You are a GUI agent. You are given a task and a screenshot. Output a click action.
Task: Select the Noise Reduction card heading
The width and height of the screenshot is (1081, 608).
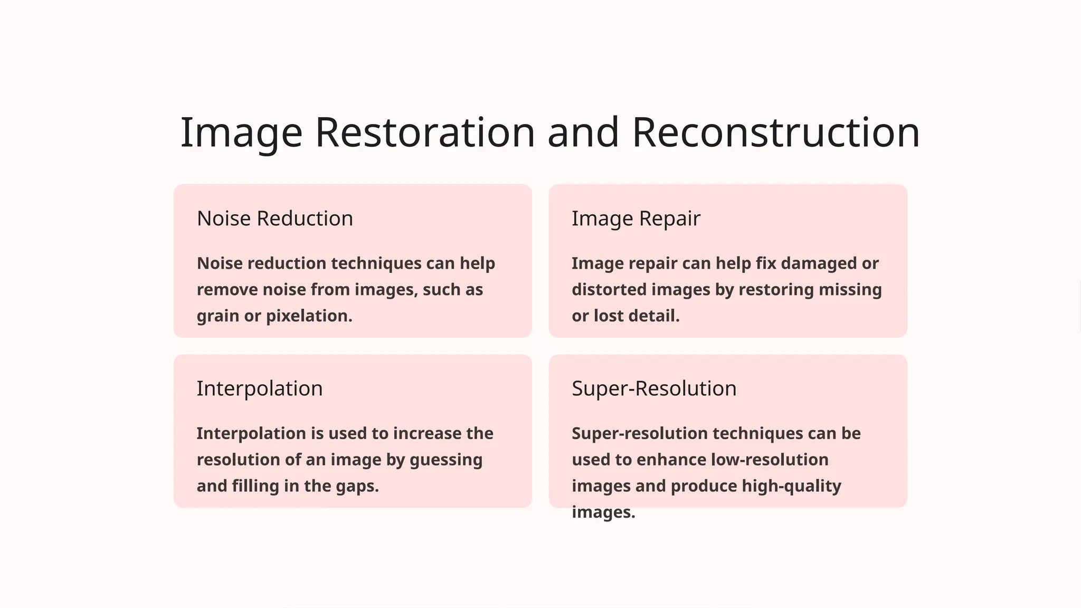[274, 218]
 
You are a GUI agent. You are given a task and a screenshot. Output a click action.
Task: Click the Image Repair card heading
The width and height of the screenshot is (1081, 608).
[636, 218]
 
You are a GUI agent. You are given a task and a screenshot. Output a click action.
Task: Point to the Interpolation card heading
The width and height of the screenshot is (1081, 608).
[259, 388]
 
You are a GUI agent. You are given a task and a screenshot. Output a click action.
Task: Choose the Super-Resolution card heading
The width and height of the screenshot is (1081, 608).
[653, 388]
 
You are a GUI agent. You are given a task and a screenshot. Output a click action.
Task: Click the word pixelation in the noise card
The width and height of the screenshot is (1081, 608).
[309, 316]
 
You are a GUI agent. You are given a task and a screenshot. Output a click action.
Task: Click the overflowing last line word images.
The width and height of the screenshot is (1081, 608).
[603, 512]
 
